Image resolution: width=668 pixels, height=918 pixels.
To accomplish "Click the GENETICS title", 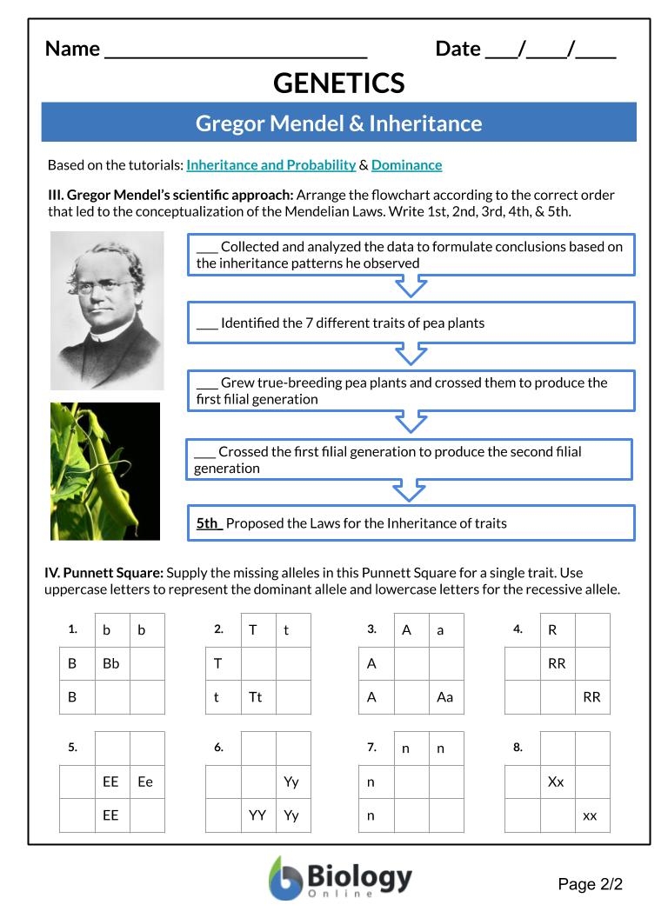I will pos(338,83).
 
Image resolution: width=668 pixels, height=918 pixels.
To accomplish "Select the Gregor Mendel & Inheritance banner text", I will pos(338,123).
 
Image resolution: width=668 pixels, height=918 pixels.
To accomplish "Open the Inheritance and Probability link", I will pos(271,165).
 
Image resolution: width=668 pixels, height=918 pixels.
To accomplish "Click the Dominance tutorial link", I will pos(406,165).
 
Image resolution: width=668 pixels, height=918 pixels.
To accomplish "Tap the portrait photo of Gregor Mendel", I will pos(107,309).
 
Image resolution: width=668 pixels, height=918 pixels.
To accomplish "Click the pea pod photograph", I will pos(105,470).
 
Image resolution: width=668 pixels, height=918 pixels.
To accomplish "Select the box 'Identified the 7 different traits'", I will pos(411,323).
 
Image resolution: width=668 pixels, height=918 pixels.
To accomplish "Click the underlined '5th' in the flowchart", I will pos(208,523).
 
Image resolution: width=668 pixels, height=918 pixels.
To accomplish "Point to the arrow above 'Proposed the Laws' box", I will pos(410,491).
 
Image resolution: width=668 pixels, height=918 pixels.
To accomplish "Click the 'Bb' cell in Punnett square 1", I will pos(111,663).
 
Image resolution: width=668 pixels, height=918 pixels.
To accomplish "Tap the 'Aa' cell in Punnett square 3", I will pos(444,697).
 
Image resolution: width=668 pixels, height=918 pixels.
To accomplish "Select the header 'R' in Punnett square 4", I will pos(552,630).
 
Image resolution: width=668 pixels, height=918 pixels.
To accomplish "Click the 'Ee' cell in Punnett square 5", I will pos(145,782).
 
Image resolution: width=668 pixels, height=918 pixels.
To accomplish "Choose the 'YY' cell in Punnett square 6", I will pos(257,815).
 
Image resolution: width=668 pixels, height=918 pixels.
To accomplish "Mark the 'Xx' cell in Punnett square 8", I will pos(556,782).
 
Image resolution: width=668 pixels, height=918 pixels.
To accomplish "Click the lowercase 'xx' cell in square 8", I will pos(591,815).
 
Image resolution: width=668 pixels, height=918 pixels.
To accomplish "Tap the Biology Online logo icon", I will pos(285,878).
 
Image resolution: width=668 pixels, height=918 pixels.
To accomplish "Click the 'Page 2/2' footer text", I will pos(591,885).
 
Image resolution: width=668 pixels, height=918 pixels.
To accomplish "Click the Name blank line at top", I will pos(235,50).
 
